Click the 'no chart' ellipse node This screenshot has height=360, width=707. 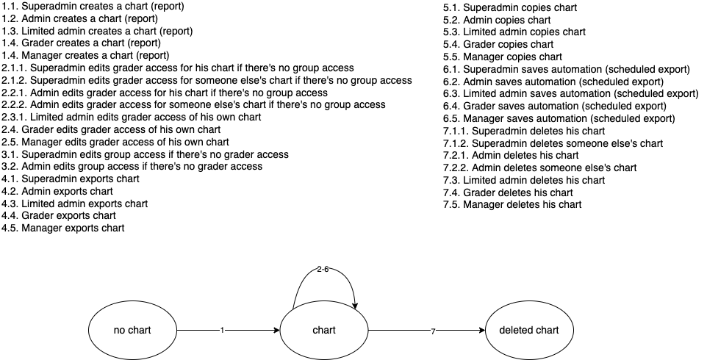(x=133, y=330)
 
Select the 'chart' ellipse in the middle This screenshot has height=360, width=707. (x=324, y=330)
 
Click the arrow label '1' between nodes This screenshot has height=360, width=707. (x=221, y=331)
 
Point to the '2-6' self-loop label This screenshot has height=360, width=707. (x=323, y=270)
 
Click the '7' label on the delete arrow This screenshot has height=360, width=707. (x=433, y=331)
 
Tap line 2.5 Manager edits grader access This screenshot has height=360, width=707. (x=115, y=142)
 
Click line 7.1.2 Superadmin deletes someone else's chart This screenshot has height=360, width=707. (x=553, y=143)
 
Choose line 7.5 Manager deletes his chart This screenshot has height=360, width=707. (x=512, y=205)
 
